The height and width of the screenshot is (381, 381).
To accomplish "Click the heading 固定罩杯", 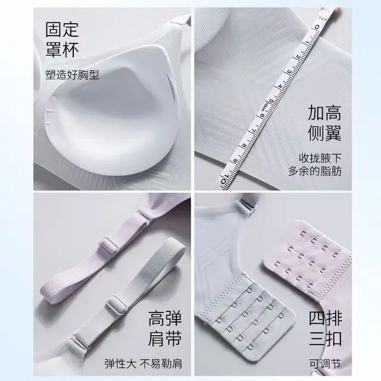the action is tap(62, 40).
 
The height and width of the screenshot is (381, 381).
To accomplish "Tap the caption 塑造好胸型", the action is tap(73, 74).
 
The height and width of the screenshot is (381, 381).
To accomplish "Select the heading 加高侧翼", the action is tap(324, 123).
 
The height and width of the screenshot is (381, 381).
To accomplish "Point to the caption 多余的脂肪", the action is tap(315, 171).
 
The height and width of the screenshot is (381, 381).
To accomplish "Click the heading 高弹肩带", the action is tap(165, 329).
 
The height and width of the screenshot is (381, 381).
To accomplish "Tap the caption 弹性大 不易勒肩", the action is tap(143, 364).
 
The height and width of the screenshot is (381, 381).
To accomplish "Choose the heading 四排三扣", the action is tap(326, 329).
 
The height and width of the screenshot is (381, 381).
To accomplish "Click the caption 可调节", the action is tap(326, 364).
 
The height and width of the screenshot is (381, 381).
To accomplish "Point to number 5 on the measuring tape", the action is tap(271, 101).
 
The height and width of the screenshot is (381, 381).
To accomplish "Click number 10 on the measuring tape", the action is tap(226, 178).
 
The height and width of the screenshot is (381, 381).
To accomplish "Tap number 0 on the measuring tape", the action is tap(317, 27).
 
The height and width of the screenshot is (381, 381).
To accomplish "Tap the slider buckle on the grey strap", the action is tap(116, 304).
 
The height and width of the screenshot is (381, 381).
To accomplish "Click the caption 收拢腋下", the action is tap(320, 158).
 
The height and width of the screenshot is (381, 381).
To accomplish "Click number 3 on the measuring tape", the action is tap(289, 71).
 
